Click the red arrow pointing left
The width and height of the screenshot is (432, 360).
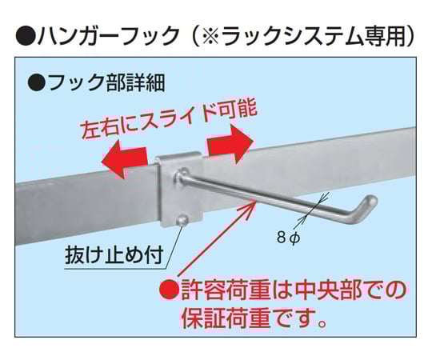[x=124, y=160]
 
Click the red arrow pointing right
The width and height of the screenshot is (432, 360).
[x=230, y=144]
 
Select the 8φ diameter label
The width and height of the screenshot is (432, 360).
[x=289, y=238]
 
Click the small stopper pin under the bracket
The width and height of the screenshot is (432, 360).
[x=182, y=220]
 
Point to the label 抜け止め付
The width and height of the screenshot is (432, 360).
[x=114, y=254]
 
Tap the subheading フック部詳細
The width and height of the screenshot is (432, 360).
[x=106, y=82]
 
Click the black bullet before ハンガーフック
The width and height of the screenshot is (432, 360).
[x=26, y=36]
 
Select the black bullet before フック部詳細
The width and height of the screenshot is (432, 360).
[x=36, y=82]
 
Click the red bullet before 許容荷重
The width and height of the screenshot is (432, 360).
[x=169, y=290]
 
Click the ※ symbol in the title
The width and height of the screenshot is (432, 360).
[x=210, y=36]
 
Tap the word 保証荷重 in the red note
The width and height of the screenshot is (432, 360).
[x=226, y=318]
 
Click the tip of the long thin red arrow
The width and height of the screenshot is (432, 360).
[x=256, y=202]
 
